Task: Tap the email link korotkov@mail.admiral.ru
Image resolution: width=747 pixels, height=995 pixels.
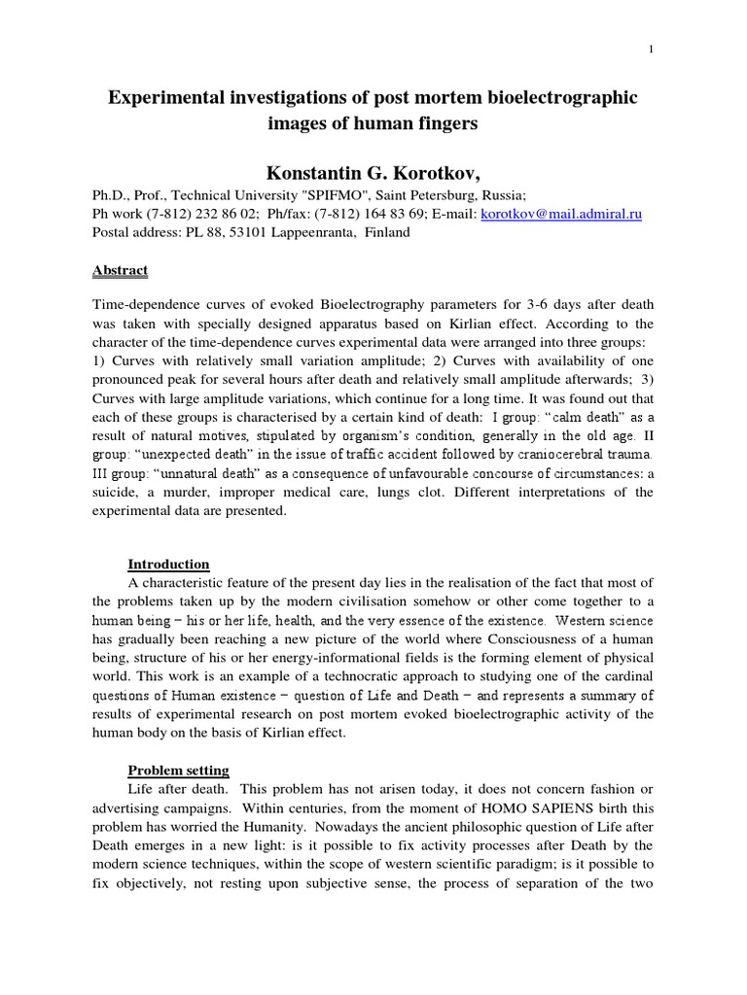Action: coord(559,214)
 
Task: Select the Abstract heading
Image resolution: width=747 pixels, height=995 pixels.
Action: coord(120,270)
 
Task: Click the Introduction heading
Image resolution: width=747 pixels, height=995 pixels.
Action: coord(168,565)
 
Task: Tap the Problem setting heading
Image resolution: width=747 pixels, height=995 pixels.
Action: coord(178,771)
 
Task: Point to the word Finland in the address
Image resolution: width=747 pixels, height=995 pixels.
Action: coord(387,233)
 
